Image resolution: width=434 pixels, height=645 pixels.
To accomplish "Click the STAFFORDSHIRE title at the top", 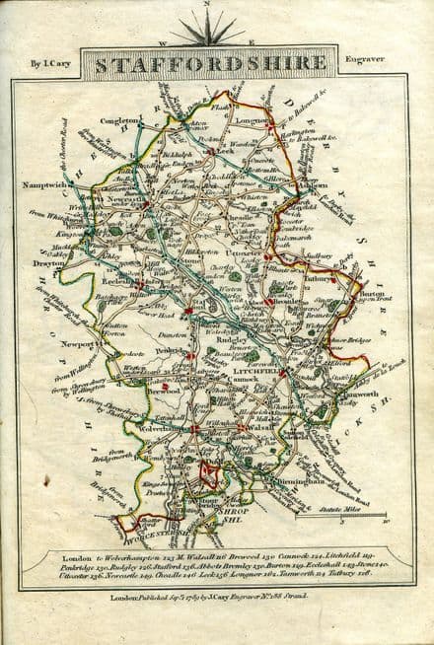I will point(216,66).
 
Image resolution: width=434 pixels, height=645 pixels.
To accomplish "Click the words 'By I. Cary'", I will point(49,66).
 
